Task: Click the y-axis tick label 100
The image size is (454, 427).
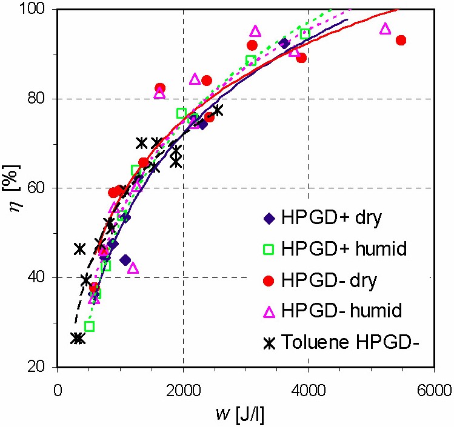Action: (35, 10)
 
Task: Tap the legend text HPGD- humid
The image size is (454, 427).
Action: (342, 312)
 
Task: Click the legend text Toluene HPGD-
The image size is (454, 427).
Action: (350, 343)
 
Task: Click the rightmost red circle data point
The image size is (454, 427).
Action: (401, 40)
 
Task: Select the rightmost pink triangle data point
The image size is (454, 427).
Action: (385, 28)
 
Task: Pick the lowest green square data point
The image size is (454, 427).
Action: (90, 326)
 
